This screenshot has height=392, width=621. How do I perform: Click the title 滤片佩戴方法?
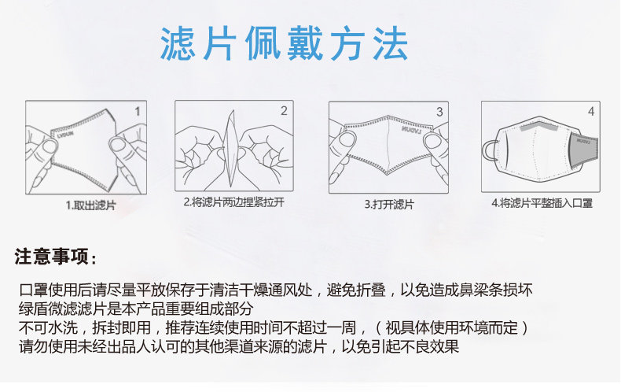pos(284,43)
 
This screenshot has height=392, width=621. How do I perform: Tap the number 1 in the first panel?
pos(138,112)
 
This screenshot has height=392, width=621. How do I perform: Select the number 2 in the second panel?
pos(284,111)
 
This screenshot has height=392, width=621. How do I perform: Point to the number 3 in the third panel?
pos(439,112)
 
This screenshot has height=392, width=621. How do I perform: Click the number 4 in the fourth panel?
pos(591,111)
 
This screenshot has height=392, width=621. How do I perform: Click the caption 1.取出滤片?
pos(90,205)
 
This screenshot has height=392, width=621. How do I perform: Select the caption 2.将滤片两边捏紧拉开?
pos(233,202)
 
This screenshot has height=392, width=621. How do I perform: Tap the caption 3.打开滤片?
pos(389,205)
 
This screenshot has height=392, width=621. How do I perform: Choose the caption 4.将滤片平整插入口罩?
pos(542,203)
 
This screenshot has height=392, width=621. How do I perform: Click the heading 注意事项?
pos(55,257)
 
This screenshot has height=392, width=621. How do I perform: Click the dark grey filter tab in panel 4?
pos(583,150)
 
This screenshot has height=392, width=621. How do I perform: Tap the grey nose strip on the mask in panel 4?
pos(539,127)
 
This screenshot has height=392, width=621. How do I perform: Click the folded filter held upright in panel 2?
pos(230,148)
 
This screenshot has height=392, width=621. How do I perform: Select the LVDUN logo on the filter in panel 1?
pos(65,133)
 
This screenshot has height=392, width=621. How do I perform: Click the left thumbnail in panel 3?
pos(347,139)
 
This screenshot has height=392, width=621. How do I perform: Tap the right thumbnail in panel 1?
pos(118,144)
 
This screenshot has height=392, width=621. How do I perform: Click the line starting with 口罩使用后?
pos(276,290)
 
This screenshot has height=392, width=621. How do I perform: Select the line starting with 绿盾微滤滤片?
pos(136,309)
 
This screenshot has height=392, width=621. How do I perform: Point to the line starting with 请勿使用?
pos(239,347)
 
